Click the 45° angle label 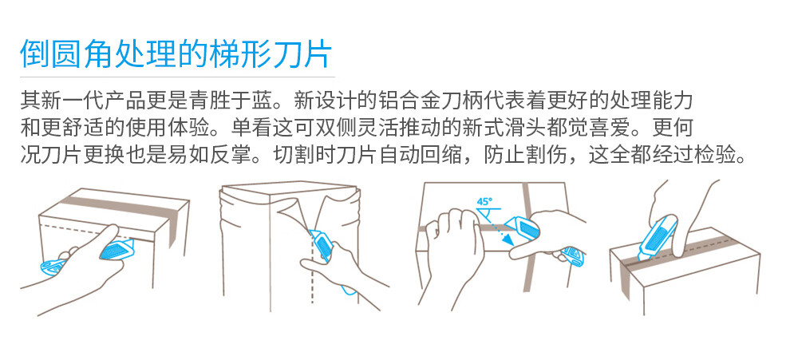(484, 201)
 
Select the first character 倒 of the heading (35, 53)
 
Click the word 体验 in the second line (192, 128)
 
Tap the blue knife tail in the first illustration (51, 267)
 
